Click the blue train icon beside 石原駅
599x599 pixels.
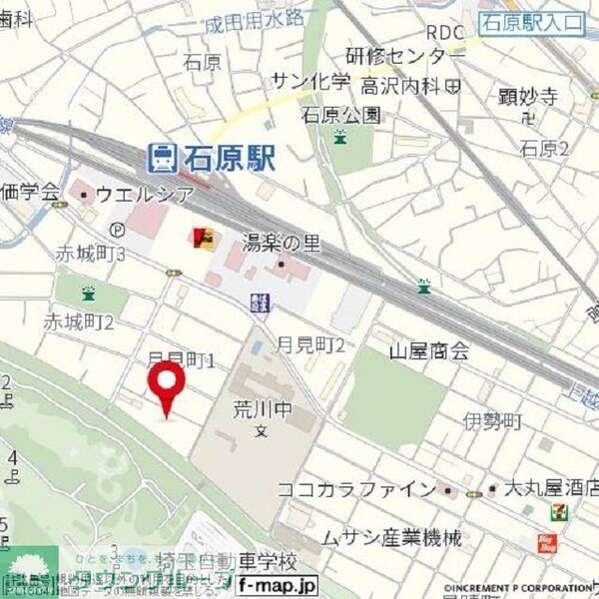[161, 157]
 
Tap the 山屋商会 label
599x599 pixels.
[429, 350]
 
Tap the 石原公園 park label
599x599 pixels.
[341, 114]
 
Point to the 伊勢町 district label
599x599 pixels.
[493, 422]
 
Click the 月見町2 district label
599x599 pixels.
[313, 344]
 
